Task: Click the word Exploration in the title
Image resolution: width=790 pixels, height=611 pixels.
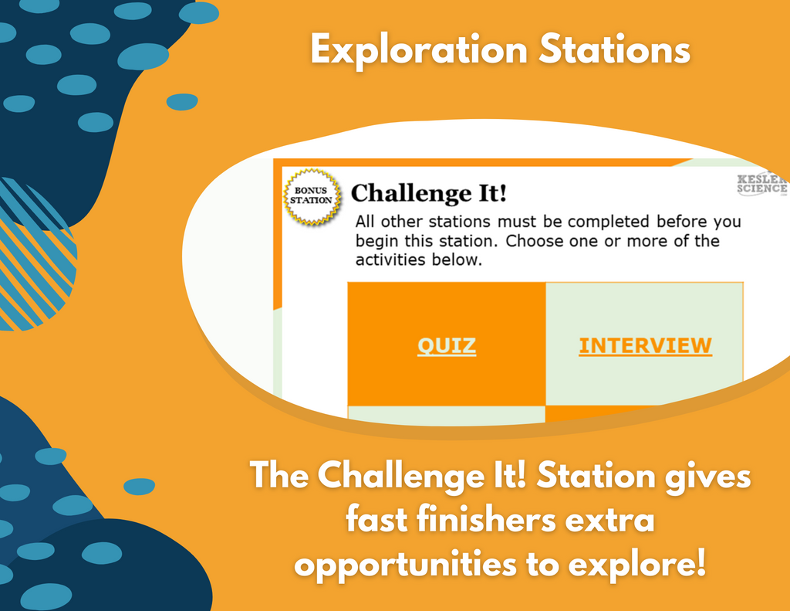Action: tap(419, 50)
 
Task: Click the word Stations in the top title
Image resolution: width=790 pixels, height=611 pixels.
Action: tap(614, 49)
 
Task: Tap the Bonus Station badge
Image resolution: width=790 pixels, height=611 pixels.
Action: tap(312, 195)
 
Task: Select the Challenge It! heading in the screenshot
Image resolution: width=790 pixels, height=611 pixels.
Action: tap(428, 193)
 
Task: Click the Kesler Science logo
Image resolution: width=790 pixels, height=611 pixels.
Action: tap(762, 184)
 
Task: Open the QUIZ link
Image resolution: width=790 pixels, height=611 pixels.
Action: tap(447, 346)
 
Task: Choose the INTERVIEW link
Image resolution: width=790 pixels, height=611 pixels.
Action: tap(646, 346)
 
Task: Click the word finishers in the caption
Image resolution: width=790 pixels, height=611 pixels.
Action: tap(486, 519)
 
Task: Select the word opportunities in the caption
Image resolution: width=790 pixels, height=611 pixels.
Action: tap(406, 565)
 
